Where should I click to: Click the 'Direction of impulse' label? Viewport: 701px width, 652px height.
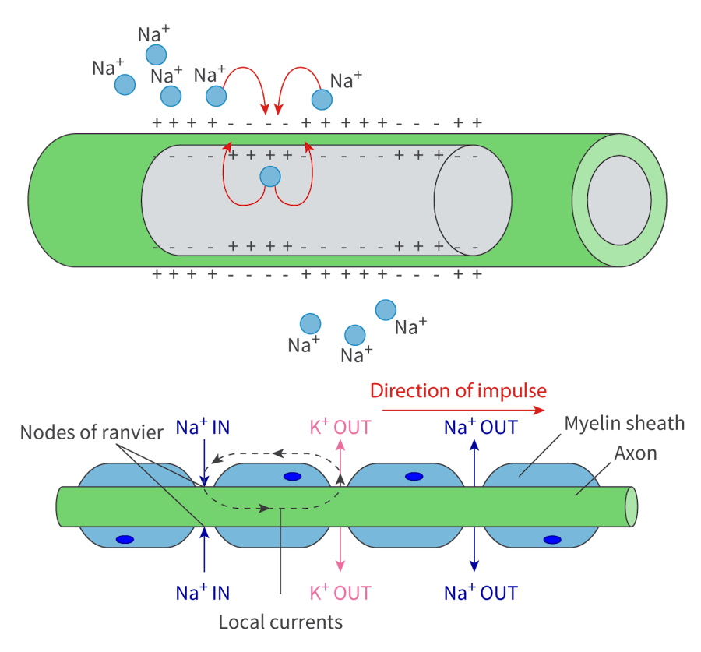point(458,390)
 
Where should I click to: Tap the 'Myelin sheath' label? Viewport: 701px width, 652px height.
point(625,424)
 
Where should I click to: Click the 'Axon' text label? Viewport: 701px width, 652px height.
point(635,453)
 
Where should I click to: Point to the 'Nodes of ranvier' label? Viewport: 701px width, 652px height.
point(92,432)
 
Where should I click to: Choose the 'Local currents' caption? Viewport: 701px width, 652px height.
point(280,622)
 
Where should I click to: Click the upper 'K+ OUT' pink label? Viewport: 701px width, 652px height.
point(340,427)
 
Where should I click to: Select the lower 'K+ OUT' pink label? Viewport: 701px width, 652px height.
point(340,594)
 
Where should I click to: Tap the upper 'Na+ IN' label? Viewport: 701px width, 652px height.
point(203,427)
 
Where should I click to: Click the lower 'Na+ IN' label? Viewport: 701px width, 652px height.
point(203,594)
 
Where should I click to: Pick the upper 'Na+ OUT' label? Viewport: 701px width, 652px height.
point(481,427)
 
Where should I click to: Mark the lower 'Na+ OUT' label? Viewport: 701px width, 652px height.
point(481,594)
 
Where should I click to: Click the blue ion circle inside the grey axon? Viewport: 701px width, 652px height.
point(269,177)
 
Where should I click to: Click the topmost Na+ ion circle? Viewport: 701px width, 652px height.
point(156,55)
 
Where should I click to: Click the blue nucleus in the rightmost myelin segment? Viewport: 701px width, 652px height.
point(552,539)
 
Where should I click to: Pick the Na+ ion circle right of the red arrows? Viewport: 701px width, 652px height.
point(322,100)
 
